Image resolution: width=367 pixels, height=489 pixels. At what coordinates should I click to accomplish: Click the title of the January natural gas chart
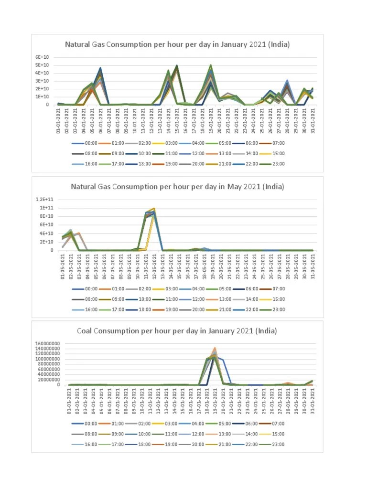[x=177, y=45]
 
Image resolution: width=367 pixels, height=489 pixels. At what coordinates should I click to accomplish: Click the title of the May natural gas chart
[x=177, y=187]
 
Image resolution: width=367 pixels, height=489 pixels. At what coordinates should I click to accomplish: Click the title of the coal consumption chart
[x=177, y=330]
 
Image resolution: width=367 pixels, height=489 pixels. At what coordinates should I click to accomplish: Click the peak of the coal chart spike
[x=215, y=348]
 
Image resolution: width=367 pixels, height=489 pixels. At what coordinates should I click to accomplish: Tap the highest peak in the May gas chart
[x=154, y=209]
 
